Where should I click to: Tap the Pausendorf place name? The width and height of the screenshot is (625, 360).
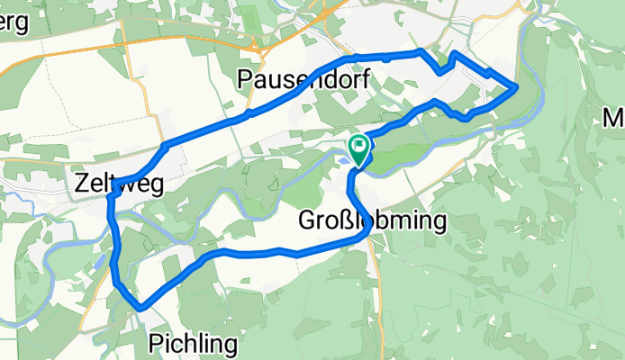click(304, 79)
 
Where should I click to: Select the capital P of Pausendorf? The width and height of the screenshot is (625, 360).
click(245, 79)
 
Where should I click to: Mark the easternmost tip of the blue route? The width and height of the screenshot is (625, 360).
click(516, 87)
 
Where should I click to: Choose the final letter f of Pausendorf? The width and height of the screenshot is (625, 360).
click(367, 78)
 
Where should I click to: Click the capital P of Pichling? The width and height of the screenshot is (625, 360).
click(155, 343)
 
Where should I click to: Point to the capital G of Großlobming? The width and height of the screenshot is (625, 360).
click(307, 221)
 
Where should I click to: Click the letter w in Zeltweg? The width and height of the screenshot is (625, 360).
click(124, 185)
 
